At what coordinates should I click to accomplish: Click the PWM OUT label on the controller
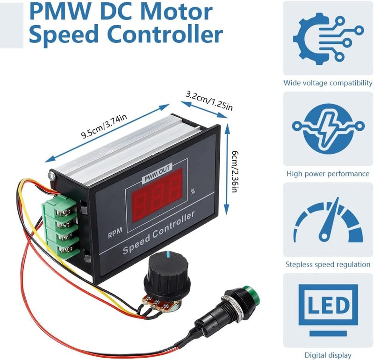(157, 173)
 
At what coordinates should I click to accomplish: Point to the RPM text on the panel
(115, 233)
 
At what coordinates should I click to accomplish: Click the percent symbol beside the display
(193, 191)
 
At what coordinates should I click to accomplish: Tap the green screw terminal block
(61, 226)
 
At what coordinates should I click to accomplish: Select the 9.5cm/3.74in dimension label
(104, 126)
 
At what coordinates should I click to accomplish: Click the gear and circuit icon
(328, 38)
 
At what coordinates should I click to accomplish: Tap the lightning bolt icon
(328, 129)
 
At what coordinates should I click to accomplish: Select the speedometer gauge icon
(328, 219)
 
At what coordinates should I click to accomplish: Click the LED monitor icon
(328, 310)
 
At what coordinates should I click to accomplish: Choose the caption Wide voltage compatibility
(328, 83)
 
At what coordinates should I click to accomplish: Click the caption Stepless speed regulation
(328, 264)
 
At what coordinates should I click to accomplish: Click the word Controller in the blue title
(165, 35)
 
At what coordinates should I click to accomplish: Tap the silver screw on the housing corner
(51, 175)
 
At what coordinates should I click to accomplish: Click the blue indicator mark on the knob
(169, 254)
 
